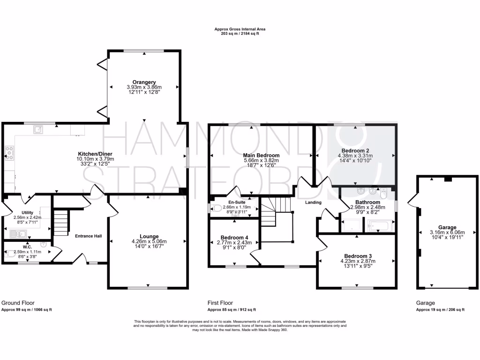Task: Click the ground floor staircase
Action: pyautogui.click(x=60, y=223)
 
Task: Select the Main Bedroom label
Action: pyautogui.click(x=261, y=155)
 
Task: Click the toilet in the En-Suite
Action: pyautogui.click(x=216, y=209)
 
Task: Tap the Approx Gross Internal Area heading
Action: pyautogui.click(x=240, y=29)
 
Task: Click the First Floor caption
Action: pyautogui.click(x=220, y=303)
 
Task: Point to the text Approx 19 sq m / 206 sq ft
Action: pyautogui.click(x=440, y=310)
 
